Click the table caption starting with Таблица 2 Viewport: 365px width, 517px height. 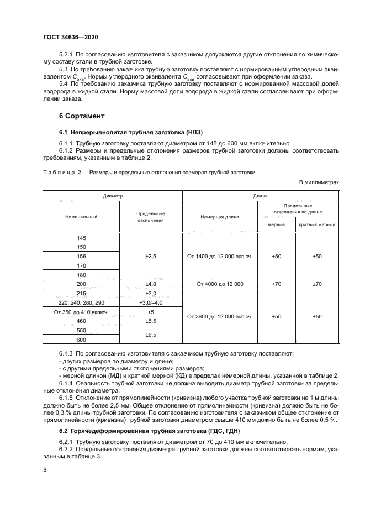(x=149, y=173)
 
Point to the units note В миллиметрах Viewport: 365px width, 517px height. (x=319, y=182)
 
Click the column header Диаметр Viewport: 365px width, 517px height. (x=112, y=196)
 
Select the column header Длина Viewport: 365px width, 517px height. (x=260, y=196)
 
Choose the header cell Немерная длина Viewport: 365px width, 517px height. (x=220, y=217)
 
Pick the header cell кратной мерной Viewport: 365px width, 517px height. (x=317, y=225)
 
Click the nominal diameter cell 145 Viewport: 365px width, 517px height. (x=82, y=238)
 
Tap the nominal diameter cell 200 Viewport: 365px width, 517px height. (x=82, y=284)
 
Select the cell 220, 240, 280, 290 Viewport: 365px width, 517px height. (x=82, y=302)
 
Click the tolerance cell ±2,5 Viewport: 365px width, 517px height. (x=151, y=257)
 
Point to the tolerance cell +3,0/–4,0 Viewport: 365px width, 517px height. (x=151, y=302)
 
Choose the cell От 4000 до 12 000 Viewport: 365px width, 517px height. (x=220, y=284)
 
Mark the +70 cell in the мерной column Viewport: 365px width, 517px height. (x=277, y=284)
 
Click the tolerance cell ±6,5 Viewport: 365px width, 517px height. (x=151, y=335)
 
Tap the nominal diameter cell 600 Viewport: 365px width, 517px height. (x=82, y=340)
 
